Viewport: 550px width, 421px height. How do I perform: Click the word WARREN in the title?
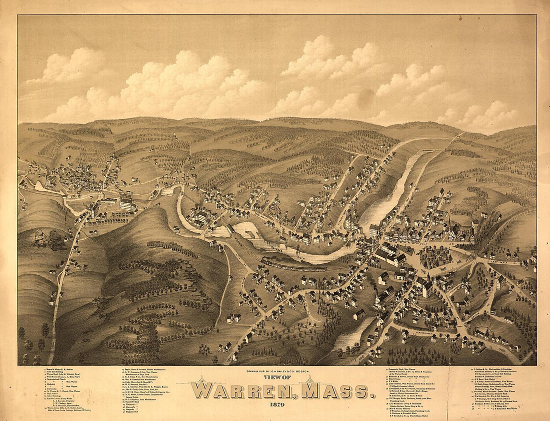click(245, 390)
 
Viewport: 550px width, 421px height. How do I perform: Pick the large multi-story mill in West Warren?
click(127, 203)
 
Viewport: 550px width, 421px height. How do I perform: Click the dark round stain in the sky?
click(365, 99)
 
